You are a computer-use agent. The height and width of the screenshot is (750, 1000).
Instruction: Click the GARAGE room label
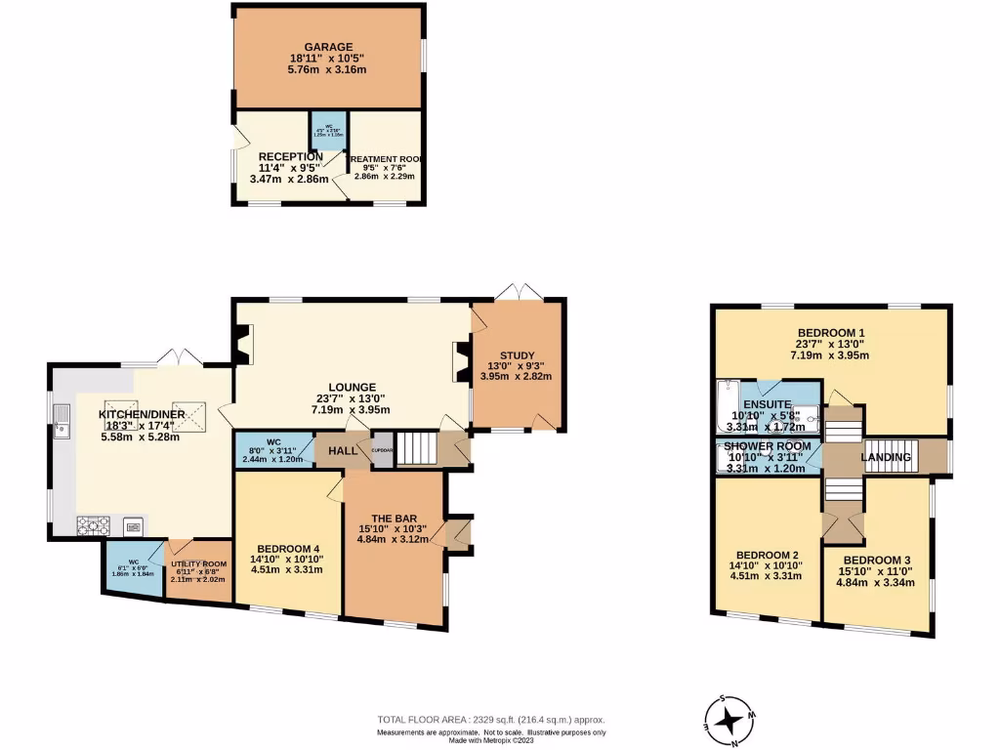click(x=328, y=46)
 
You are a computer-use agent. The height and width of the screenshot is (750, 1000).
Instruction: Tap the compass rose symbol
click(x=729, y=721)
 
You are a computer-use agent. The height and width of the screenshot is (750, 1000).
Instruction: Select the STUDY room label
click(x=518, y=355)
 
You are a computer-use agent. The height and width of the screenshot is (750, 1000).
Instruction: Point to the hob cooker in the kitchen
click(x=93, y=525)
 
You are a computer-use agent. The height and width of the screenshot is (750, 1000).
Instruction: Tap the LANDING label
click(x=886, y=457)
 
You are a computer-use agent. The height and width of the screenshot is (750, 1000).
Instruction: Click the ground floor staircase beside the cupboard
click(x=414, y=449)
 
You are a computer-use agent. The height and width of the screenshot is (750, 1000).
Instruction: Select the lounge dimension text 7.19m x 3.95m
click(x=352, y=411)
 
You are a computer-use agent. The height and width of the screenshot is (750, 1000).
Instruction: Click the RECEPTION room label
click(x=291, y=156)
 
